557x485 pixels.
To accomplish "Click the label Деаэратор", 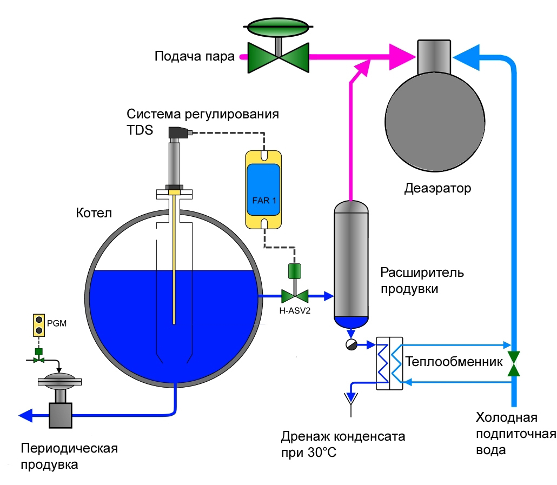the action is [437, 188].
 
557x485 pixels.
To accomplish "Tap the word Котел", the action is [94, 213].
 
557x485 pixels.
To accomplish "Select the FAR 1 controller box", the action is [263, 190].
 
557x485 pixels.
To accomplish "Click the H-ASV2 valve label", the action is [295, 311].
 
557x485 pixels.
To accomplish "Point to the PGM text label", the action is [57, 323].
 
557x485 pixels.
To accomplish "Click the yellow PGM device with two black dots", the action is [39, 325].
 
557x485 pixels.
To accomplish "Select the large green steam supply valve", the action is [278, 45].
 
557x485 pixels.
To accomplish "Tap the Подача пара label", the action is [195, 56].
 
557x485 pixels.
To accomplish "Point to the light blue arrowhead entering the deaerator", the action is [466, 57].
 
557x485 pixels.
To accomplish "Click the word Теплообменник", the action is [454, 362].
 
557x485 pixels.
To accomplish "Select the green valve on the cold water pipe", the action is [514, 363].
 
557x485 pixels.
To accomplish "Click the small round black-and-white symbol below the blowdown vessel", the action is [352, 344].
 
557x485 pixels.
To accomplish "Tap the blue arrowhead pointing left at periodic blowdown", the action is [25, 415].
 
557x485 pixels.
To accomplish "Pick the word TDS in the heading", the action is [140, 130].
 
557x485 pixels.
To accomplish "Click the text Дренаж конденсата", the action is [343, 436].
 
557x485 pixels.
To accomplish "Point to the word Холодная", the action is [507, 417].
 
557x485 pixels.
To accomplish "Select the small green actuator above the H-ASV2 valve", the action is [295, 271].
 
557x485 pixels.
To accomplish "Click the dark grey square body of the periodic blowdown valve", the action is [61, 415].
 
